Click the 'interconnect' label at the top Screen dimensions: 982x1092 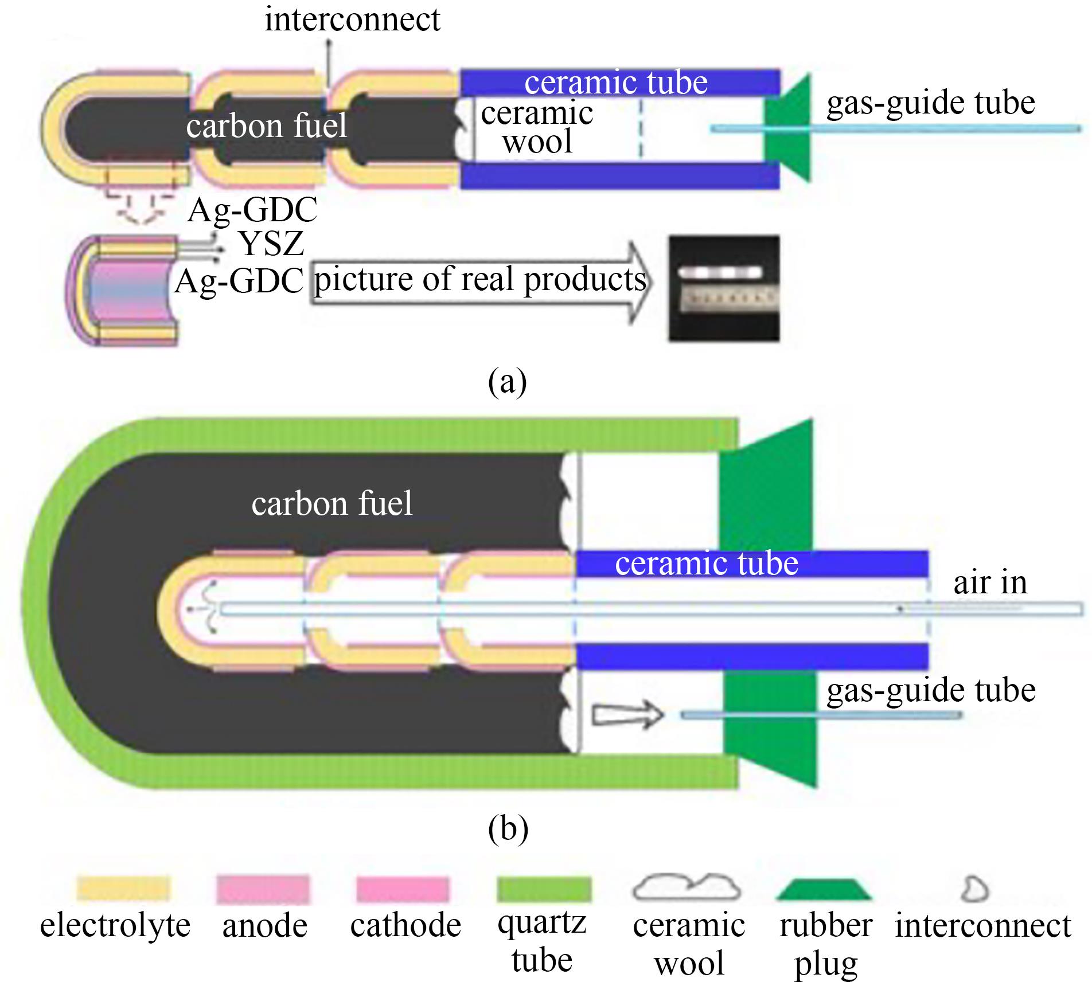coord(352,20)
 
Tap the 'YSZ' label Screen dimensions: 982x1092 coord(271,243)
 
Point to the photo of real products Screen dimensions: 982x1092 coord(724,288)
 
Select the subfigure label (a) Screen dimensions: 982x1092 coord(507,381)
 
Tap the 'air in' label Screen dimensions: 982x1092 coord(990,583)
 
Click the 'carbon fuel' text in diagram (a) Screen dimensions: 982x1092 coord(266,126)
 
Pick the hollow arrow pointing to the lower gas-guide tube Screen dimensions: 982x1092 coord(626,714)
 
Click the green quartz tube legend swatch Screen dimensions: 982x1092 coord(543,889)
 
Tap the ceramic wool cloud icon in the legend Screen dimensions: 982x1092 coord(687,887)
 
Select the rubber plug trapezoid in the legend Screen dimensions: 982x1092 coord(824,889)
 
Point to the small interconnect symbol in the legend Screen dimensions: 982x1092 coord(974,889)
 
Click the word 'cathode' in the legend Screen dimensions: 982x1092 coord(405,926)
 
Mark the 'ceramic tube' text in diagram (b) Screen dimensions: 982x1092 coord(707,564)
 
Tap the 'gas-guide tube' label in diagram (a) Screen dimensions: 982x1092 coord(930,104)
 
